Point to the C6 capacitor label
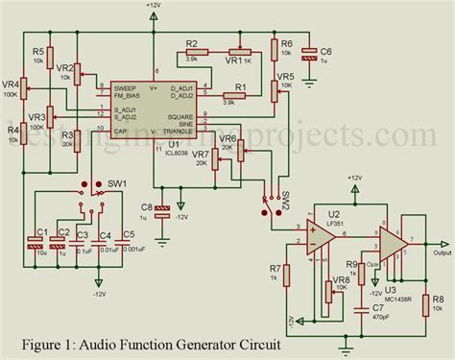(x=326, y=50)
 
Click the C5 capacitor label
(x=130, y=232)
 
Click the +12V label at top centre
(x=154, y=6)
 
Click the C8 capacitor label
(x=146, y=205)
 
